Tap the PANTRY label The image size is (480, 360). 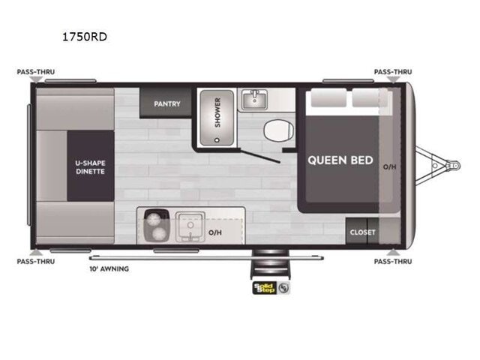(x=166, y=103)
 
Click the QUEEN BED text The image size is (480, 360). (x=340, y=160)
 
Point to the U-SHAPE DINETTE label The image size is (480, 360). (x=89, y=166)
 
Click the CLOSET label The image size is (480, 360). (x=362, y=232)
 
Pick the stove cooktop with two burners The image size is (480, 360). (x=156, y=224)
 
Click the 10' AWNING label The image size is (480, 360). (x=109, y=268)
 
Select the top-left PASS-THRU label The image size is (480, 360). (x=36, y=73)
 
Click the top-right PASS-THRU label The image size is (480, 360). (x=393, y=73)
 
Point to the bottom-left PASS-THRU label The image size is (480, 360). (x=36, y=262)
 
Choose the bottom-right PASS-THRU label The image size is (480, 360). (x=393, y=262)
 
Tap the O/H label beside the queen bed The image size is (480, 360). (x=389, y=166)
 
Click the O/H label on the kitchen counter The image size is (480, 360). (x=215, y=232)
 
